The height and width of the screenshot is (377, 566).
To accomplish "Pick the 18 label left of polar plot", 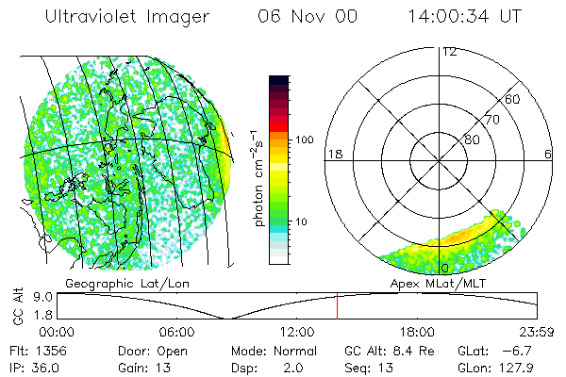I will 333,154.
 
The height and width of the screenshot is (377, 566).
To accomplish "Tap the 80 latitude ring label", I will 472,139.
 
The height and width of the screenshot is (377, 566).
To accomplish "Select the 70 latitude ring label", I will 491,120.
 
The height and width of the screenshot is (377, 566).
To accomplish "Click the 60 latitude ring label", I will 512,99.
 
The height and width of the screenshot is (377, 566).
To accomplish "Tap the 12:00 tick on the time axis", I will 296,332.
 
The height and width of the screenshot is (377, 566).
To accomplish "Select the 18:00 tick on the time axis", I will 416,332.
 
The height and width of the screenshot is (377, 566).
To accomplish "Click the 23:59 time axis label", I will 534,332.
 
